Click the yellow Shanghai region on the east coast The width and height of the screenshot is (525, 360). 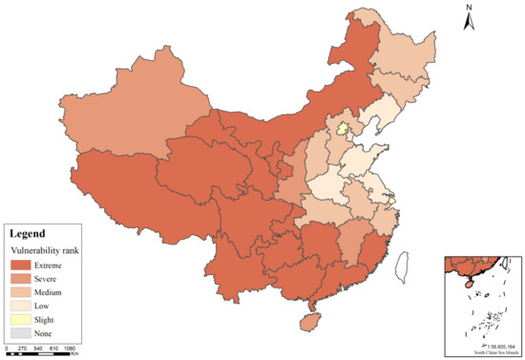(389, 198)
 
